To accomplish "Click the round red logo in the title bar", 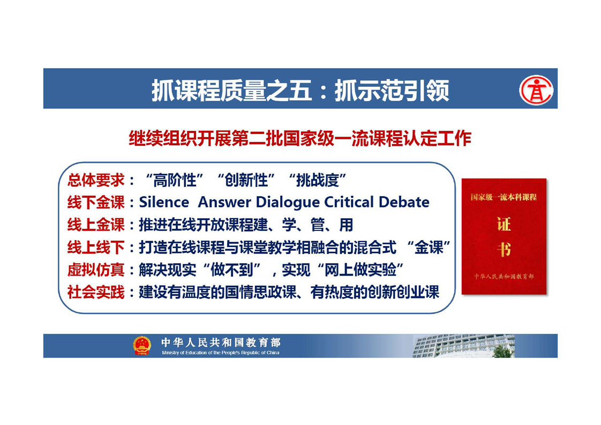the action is pyautogui.click(x=536, y=90).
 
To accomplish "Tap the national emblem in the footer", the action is pyautogui.click(x=142, y=345).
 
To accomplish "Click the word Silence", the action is pyautogui.click(x=164, y=202).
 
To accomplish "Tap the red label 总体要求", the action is pyautogui.click(x=96, y=180).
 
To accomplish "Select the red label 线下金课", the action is pyautogui.click(x=96, y=203).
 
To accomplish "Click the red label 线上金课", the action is pyautogui.click(x=96, y=225).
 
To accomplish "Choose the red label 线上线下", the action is pyautogui.click(x=96, y=248).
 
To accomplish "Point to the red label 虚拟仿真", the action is pyautogui.click(x=96, y=270).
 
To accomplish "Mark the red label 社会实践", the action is pyautogui.click(x=96, y=292).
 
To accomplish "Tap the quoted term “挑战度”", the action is pyautogui.click(x=318, y=180).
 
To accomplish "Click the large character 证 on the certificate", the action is pyautogui.click(x=504, y=225).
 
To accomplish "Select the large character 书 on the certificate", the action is pyautogui.click(x=504, y=249).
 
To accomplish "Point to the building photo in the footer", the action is pyautogui.click(x=463, y=346).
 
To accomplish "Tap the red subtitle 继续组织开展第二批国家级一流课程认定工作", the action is pyautogui.click(x=300, y=138).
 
